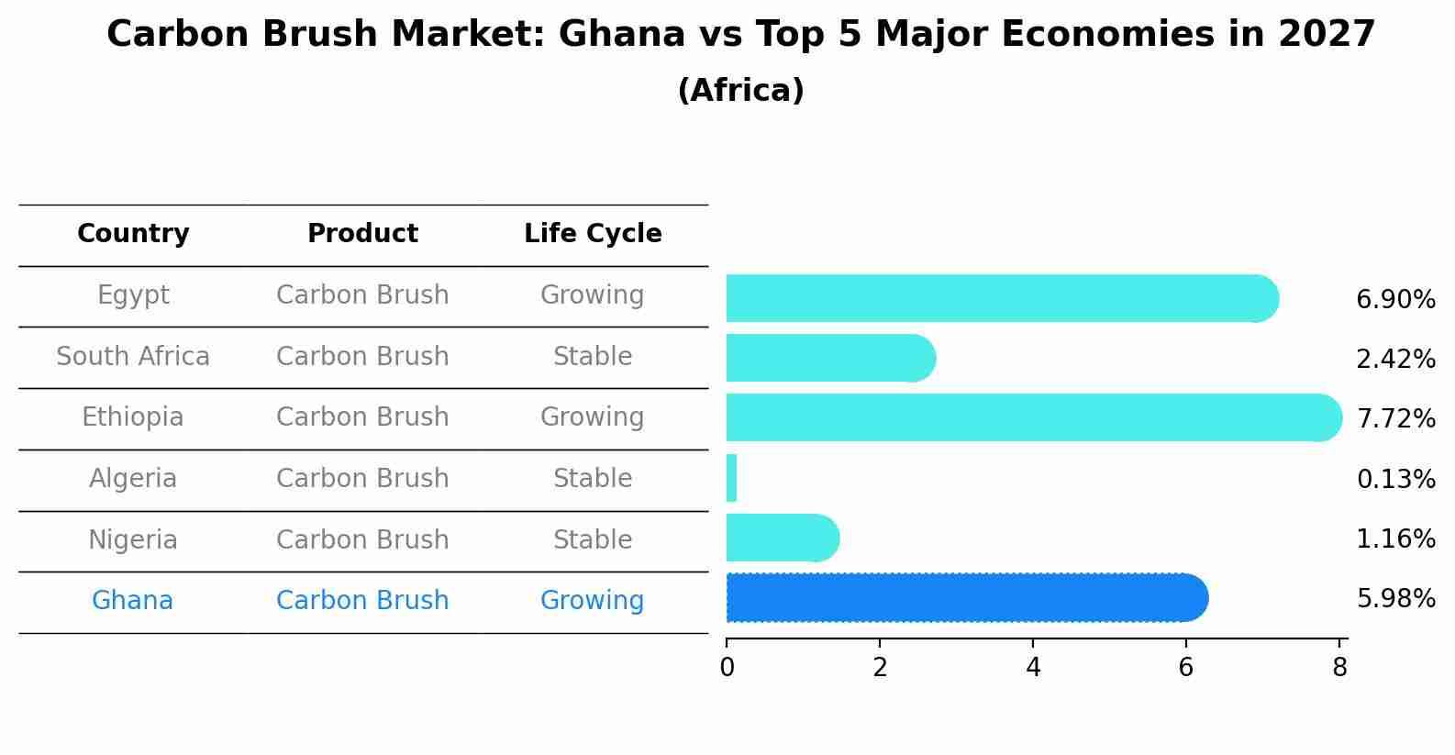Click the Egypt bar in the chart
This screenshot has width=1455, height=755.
tap(1000, 298)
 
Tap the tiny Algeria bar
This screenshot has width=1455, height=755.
tap(731, 478)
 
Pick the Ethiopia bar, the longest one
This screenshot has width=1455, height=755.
tap(1033, 417)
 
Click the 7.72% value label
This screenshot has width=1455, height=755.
tap(1395, 419)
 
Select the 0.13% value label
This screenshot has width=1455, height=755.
tap(1395, 479)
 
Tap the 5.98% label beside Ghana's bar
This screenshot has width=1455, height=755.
tap(1395, 599)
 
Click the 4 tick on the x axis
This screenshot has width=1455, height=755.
tap(1033, 668)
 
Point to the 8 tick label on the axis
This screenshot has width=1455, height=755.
tap(1339, 668)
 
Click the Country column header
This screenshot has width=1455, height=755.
tap(133, 234)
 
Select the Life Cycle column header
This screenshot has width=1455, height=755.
tap(593, 234)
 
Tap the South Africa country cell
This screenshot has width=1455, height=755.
tap(133, 356)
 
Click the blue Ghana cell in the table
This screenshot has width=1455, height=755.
tap(132, 601)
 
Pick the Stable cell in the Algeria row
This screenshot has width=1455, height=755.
tap(593, 479)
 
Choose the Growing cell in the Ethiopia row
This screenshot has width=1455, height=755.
tap(593, 417)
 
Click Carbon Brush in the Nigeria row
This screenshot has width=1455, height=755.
tap(362, 539)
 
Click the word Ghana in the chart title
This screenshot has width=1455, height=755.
tap(621, 35)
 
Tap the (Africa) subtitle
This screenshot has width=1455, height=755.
tap(740, 91)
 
